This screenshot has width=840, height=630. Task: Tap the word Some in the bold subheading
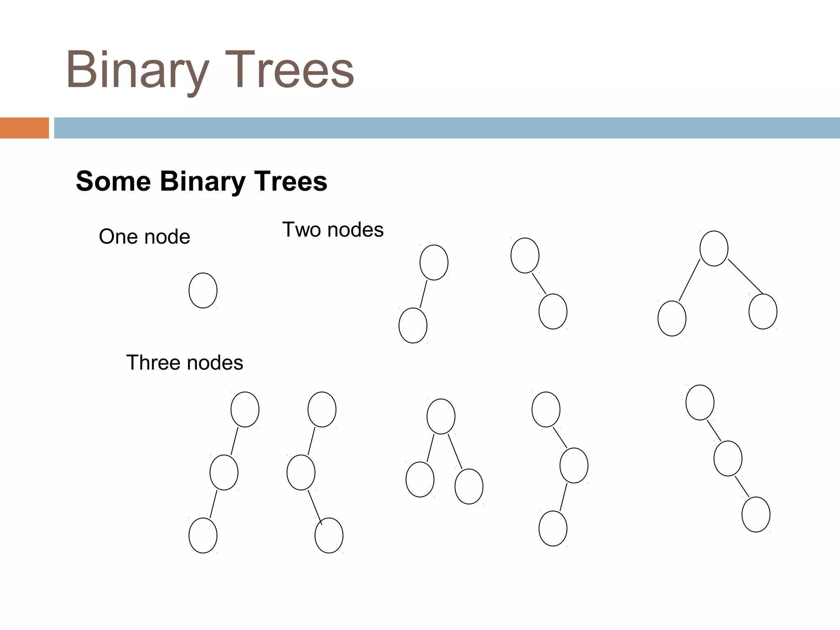(x=113, y=181)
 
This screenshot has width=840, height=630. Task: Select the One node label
(x=144, y=237)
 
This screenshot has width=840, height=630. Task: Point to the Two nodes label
(x=333, y=230)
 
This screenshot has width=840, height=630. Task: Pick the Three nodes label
(x=185, y=363)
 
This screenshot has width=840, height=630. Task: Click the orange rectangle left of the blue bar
(x=24, y=128)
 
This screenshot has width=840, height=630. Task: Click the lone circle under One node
(x=203, y=290)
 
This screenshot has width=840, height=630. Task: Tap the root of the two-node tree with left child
(x=434, y=262)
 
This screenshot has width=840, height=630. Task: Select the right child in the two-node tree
(x=553, y=311)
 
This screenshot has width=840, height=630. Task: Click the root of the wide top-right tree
(x=714, y=249)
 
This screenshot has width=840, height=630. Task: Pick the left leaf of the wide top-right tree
(x=672, y=318)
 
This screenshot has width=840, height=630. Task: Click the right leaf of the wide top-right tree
(x=763, y=311)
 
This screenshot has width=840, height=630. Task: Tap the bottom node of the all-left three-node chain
(x=203, y=535)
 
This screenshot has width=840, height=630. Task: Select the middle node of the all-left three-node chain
(x=224, y=472)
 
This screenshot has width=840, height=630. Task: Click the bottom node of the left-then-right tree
(x=329, y=535)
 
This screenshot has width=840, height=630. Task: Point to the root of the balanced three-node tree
(x=441, y=416)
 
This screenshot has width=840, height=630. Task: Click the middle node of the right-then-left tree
(x=574, y=466)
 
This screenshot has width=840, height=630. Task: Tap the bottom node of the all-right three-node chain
(x=756, y=514)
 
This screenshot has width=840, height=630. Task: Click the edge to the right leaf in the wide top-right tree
(x=745, y=277)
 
